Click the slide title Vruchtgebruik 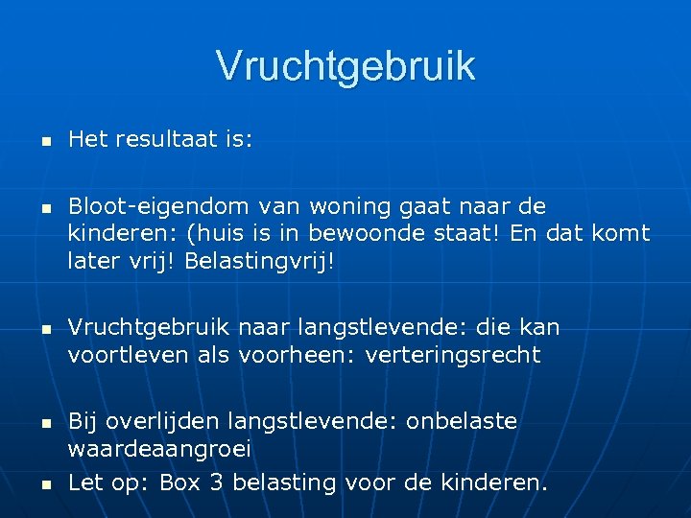click(x=345, y=66)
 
